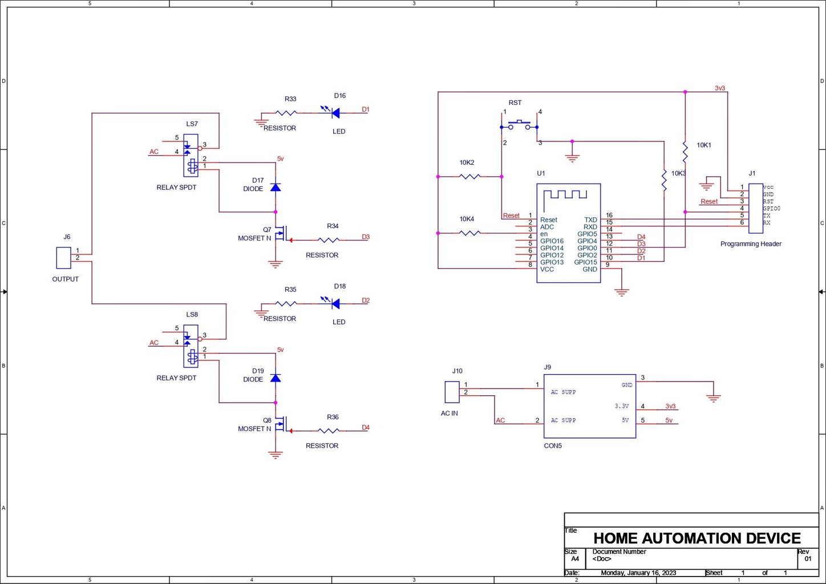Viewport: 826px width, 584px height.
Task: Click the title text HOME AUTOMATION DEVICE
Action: coord(697,538)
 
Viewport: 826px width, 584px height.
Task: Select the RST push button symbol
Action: coord(519,125)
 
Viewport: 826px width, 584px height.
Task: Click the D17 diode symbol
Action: coord(276,187)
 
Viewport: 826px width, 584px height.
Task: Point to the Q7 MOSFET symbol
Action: coord(280,234)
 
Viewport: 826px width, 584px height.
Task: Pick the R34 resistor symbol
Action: coord(329,240)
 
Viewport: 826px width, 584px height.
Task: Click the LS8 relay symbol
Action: coord(191,346)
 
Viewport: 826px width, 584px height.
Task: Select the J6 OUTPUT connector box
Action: coord(63,258)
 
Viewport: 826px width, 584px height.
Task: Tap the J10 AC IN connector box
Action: coord(452,392)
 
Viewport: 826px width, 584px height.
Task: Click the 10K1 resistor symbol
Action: coord(685,152)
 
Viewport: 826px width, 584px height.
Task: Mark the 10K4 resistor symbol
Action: coord(469,233)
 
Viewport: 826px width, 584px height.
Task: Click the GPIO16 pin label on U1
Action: coord(552,241)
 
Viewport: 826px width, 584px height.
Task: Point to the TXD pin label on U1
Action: coord(590,220)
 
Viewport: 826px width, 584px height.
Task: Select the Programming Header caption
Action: coord(751,244)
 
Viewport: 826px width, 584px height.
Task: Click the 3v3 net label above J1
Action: coord(720,88)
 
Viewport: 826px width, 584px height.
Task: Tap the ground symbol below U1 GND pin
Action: coord(621,292)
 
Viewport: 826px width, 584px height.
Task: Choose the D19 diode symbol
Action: coord(276,378)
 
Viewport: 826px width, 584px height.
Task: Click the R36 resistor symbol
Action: coord(329,431)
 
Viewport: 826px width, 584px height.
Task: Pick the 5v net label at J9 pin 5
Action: coord(669,421)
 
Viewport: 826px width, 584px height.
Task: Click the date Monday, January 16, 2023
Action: coord(638,573)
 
